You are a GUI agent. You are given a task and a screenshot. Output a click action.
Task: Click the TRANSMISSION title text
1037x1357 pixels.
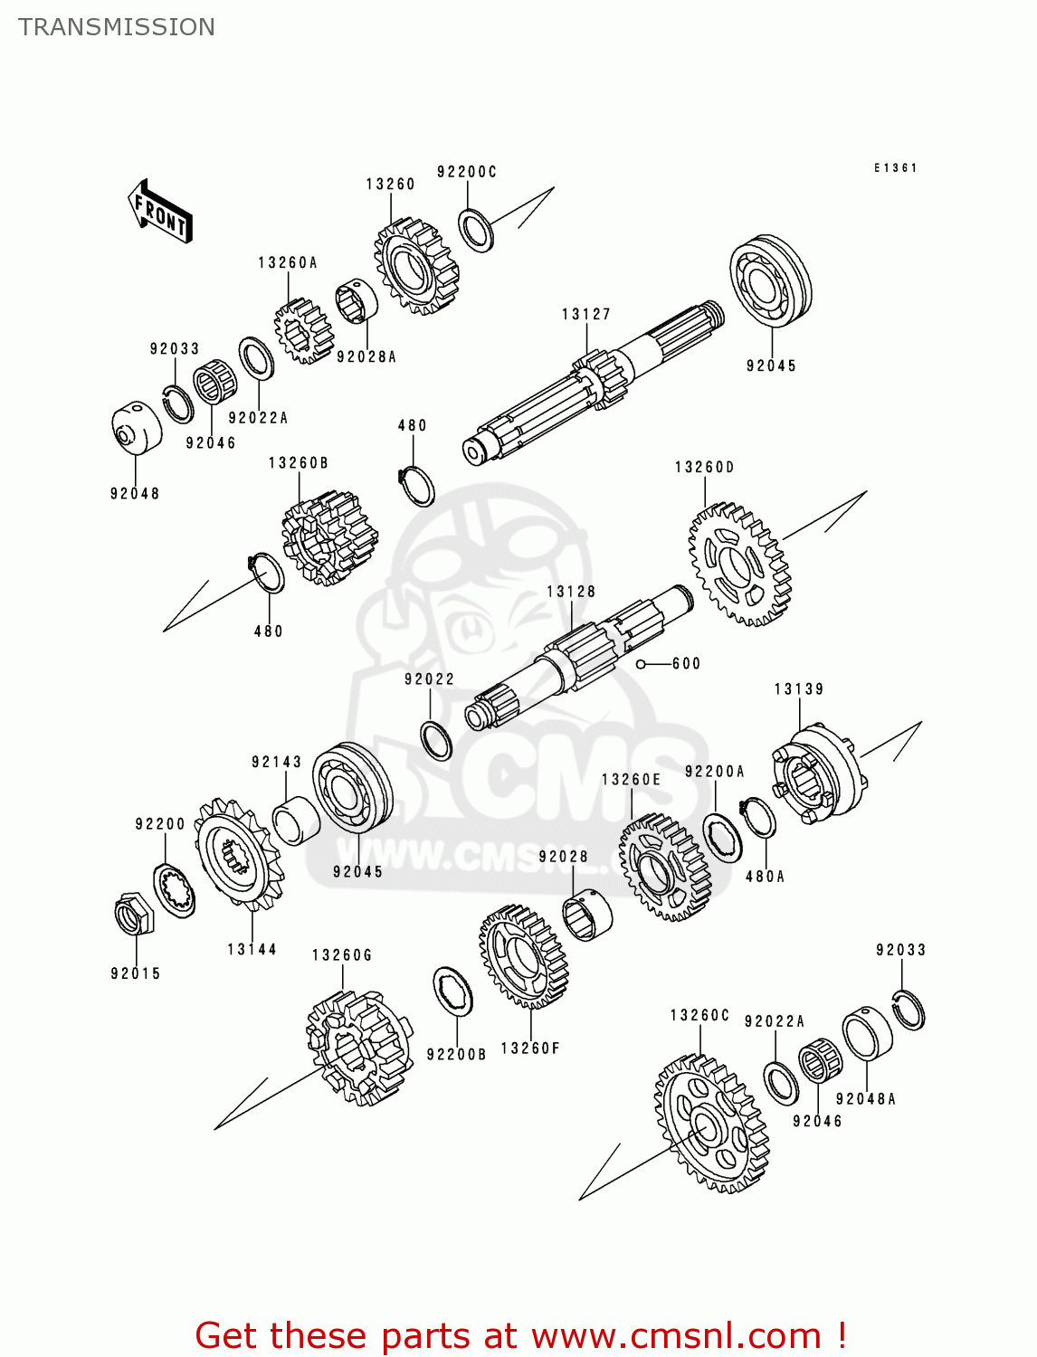[117, 27]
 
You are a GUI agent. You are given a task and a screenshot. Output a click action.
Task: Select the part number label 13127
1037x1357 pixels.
[586, 315]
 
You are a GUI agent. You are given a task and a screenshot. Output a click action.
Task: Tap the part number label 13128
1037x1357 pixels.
[571, 592]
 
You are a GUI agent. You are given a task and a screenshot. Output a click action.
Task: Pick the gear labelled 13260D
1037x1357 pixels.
[739, 565]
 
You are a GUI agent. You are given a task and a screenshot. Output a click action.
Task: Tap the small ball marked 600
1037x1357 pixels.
[641, 665]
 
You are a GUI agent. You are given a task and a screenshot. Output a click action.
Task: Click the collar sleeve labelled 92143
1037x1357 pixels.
[296, 820]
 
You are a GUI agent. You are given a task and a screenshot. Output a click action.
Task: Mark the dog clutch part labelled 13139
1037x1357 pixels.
[818, 773]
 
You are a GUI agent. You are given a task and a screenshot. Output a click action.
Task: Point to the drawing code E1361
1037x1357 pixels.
[895, 168]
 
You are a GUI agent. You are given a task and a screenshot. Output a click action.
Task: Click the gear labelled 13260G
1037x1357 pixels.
[360, 1047]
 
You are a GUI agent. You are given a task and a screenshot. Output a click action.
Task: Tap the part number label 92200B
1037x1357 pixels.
[456, 1054]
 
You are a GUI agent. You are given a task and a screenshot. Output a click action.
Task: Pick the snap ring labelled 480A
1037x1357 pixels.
[757, 820]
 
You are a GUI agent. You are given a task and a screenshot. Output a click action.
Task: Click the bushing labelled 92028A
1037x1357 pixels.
[357, 301]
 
